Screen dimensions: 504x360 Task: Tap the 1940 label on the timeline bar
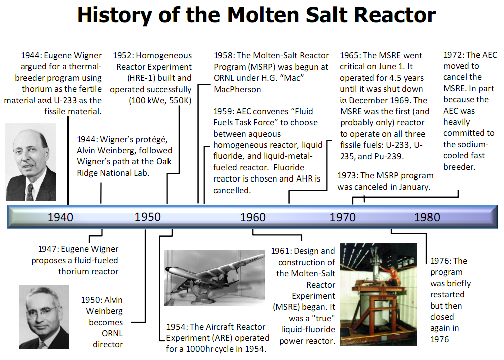click(x=60, y=217)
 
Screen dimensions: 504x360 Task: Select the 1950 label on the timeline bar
click(x=148, y=217)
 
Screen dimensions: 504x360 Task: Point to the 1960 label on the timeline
click(x=253, y=217)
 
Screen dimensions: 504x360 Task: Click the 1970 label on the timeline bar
click(x=343, y=217)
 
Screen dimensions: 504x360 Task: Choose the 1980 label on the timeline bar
click(x=427, y=217)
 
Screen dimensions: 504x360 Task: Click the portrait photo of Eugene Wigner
click(x=31, y=162)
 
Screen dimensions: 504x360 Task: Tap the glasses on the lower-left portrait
click(x=41, y=311)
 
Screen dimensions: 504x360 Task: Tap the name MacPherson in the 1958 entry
click(x=238, y=89)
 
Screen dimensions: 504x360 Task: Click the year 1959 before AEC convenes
click(x=223, y=111)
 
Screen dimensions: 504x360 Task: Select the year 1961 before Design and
click(x=281, y=251)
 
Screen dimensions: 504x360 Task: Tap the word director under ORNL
click(x=108, y=344)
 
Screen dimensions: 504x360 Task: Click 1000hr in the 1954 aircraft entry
click(x=198, y=349)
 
